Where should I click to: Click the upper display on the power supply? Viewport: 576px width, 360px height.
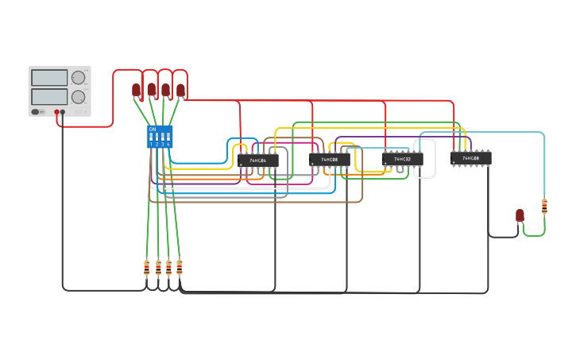[x=49, y=78]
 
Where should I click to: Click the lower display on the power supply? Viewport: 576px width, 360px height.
[x=49, y=97]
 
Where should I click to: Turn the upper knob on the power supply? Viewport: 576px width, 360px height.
[x=78, y=78]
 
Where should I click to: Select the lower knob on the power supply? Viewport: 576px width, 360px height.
[x=78, y=97]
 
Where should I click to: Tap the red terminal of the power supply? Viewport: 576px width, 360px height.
[x=57, y=112]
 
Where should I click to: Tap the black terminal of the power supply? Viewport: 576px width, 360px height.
[x=63, y=112]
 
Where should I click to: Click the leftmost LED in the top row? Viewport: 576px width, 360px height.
[x=136, y=90]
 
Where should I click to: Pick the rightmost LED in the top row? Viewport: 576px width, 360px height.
[x=180, y=90]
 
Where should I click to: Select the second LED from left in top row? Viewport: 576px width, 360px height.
[x=151, y=89]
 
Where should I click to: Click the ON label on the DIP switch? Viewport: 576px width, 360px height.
[x=153, y=129]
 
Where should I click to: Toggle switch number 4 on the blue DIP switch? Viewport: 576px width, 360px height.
[x=168, y=140]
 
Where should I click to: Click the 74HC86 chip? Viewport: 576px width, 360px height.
[x=257, y=160]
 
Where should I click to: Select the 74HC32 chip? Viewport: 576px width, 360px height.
[x=402, y=159]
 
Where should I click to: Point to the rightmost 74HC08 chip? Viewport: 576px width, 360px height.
[x=470, y=158]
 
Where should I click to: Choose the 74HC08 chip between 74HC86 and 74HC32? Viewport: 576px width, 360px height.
[x=329, y=160]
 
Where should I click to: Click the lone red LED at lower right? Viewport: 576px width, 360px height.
[x=520, y=215]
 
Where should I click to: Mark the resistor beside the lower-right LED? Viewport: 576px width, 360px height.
[x=544, y=207]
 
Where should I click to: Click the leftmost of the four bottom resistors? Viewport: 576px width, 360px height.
[x=146, y=268]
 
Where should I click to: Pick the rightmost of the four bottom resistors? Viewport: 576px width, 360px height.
[x=180, y=267]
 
